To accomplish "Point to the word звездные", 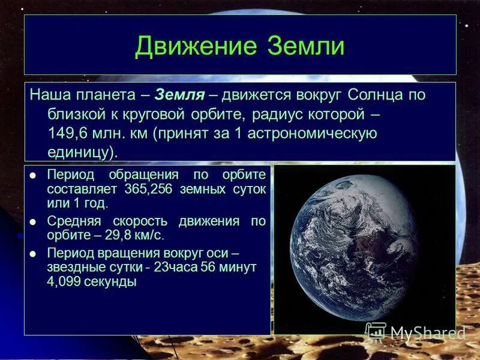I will (73, 267).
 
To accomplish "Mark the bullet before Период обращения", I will (33, 175).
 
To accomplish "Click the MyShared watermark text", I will (428, 332).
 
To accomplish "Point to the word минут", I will (236, 267).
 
